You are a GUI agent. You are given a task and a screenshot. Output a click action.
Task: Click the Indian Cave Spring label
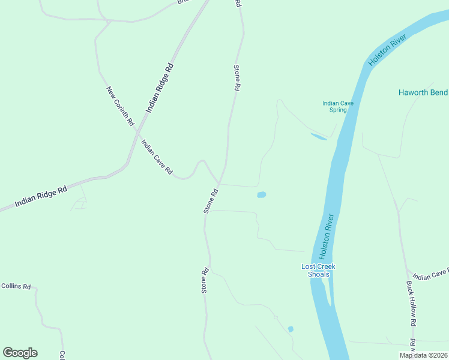[x=338, y=106]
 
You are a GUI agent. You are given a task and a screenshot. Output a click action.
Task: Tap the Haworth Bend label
[x=423, y=92]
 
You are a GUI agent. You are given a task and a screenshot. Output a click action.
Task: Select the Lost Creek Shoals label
[x=318, y=270]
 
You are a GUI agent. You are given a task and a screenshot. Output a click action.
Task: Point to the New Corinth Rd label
[x=119, y=106]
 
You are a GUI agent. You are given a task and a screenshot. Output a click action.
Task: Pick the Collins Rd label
[x=16, y=286]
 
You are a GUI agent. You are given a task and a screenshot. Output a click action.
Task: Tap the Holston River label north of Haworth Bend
[x=388, y=50]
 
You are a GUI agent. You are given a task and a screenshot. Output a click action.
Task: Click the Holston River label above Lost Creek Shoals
[x=326, y=236]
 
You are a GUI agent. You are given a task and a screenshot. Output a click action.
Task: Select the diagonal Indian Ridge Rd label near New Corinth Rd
[x=160, y=88]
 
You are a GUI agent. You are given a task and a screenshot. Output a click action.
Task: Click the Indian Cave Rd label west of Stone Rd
[x=157, y=157]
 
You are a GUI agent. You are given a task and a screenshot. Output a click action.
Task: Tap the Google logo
[x=20, y=353]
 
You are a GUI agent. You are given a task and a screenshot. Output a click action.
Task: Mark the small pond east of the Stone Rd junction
[x=261, y=194]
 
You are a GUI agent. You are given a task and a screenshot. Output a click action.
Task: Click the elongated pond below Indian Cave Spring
[x=318, y=137]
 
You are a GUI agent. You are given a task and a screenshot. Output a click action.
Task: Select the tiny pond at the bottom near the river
[x=291, y=329]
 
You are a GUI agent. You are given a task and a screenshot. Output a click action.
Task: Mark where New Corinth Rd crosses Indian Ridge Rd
[x=137, y=131]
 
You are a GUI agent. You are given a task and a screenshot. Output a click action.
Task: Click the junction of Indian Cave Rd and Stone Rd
[x=220, y=184]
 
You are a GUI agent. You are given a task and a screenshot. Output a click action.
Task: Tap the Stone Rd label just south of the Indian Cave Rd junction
[x=210, y=201]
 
